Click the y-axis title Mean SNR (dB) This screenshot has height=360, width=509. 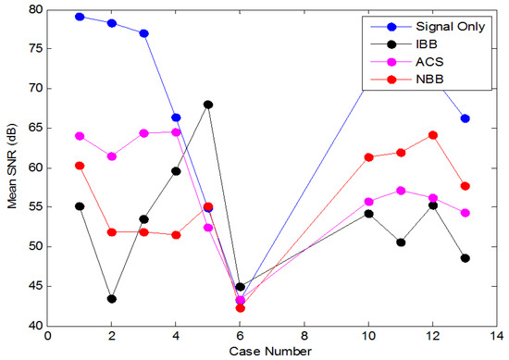coord(12,168)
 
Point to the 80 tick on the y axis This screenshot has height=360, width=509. coord(34,9)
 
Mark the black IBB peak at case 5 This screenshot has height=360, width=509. coord(208,105)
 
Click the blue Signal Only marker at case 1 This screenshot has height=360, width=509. coord(80,17)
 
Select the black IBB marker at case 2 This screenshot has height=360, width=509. coord(112,299)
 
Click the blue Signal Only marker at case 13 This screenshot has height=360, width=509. coord(466,118)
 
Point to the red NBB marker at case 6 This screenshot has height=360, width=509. coord(241,307)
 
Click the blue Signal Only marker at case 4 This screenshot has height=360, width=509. coord(176,118)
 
